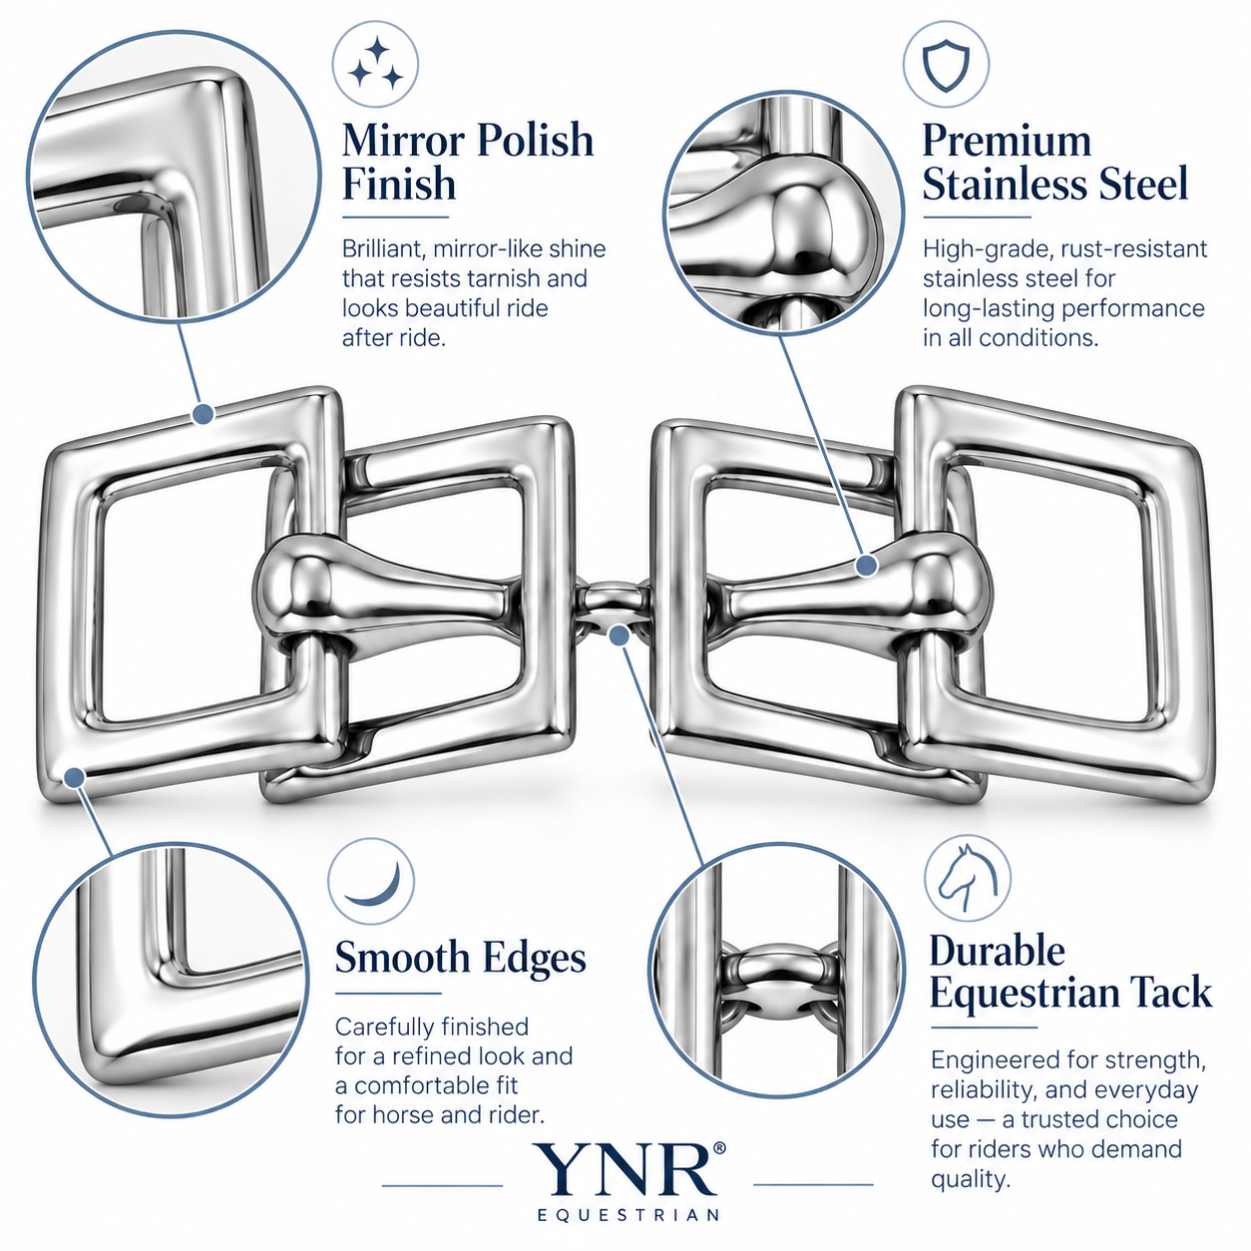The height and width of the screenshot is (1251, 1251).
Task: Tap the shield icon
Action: coord(946,65)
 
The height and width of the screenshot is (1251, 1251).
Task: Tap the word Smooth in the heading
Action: coord(402,958)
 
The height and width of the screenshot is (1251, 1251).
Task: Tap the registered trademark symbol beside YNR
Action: coord(719,1148)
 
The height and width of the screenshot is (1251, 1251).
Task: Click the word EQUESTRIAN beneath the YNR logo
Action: coord(628,1215)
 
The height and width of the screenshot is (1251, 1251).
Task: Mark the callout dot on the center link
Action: coord(620,635)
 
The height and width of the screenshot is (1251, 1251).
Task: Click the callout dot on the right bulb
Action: coord(867,566)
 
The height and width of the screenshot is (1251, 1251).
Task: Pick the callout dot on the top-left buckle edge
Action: coord(204,414)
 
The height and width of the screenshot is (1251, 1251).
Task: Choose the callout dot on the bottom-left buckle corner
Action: coord(75,777)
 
